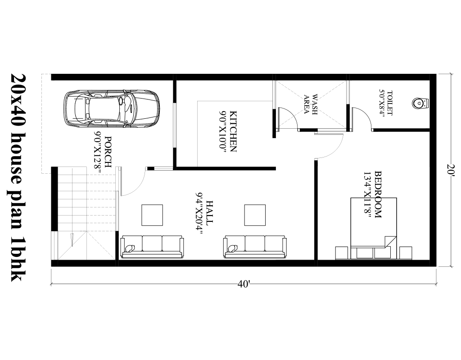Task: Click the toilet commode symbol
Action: coord(419,103)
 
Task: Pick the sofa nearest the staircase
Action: coord(152,247)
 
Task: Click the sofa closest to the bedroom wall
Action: coord(255,247)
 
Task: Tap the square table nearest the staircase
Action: coord(152,215)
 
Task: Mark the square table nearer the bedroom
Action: coord(255,215)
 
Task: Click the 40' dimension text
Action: coord(244,284)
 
